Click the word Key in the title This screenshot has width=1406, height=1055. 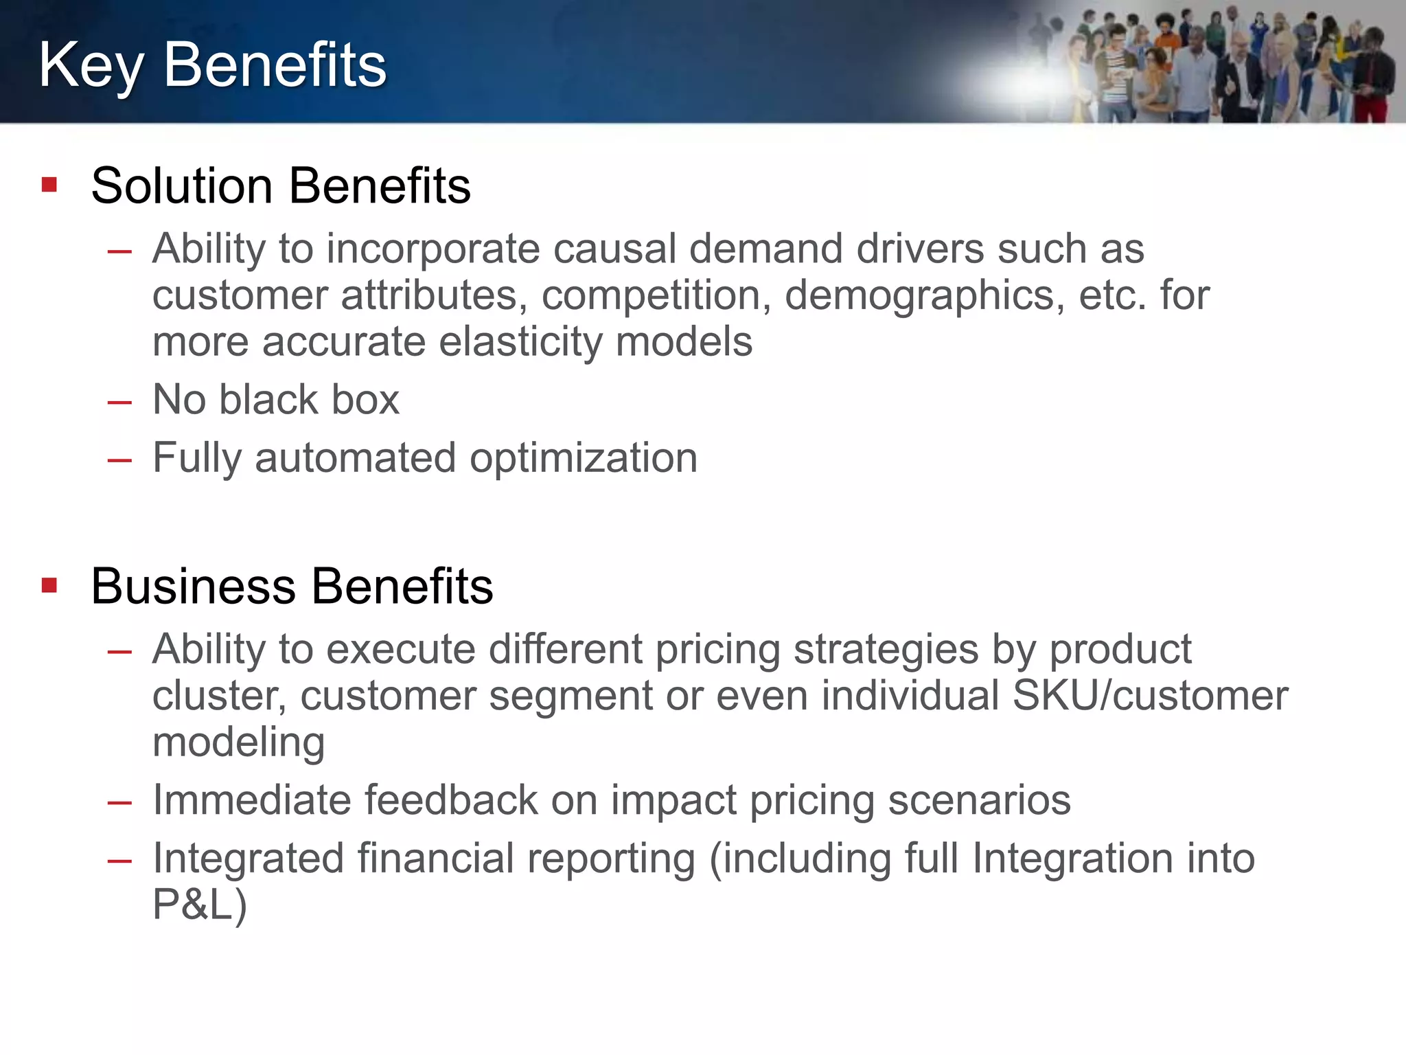click(x=91, y=66)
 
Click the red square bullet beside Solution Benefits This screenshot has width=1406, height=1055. click(x=49, y=184)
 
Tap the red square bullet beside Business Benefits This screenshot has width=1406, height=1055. click(x=49, y=585)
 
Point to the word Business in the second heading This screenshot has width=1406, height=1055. click(x=194, y=587)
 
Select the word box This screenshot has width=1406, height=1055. click(x=365, y=400)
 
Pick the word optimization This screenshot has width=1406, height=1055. click(x=584, y=458)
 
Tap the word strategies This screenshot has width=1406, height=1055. click(x=886, y=650)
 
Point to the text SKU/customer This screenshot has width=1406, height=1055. click(x=1151, y=696)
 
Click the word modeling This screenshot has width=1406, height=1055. click(x=238, y=743)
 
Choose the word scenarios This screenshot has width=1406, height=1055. click(x=979, y=800)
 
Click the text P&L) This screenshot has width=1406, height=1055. click(x=199, y=905)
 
